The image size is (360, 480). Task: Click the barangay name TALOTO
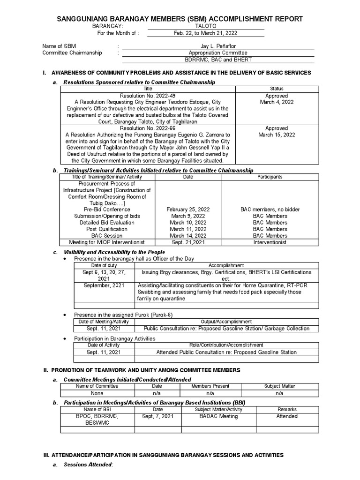tap(205, 27)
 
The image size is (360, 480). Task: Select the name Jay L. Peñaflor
tap(217, 46)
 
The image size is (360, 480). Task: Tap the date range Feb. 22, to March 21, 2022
tap(206, 33)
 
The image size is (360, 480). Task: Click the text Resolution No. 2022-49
tap(148, 96)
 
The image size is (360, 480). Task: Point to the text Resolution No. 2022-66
tap(148, 128)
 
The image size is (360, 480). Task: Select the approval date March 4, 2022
tap(277, 102)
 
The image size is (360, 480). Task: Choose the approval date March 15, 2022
tap(277, 135)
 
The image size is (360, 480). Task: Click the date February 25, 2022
tap(188, 210)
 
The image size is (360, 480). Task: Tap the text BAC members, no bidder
tap(270, 210)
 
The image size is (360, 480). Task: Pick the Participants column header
tap(270, 177)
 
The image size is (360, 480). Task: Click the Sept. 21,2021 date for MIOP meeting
tap(188, 242)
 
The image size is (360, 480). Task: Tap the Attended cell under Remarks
tap(287, 416)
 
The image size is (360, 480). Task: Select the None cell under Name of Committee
tap(97, 394)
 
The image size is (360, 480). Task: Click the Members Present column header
tap(210, 386)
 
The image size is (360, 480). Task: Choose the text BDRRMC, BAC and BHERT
tap(218, 60)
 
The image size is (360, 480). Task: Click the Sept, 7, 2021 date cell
tap(155, 416)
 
